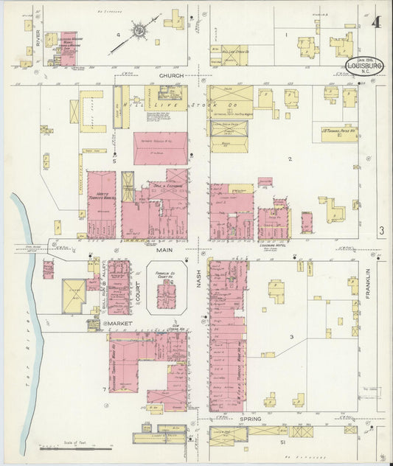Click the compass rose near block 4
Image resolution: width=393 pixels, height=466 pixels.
click(139, 32)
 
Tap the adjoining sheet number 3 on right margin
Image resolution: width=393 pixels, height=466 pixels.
click(382, 231)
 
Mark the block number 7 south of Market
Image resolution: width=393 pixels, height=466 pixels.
click(105, 388)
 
